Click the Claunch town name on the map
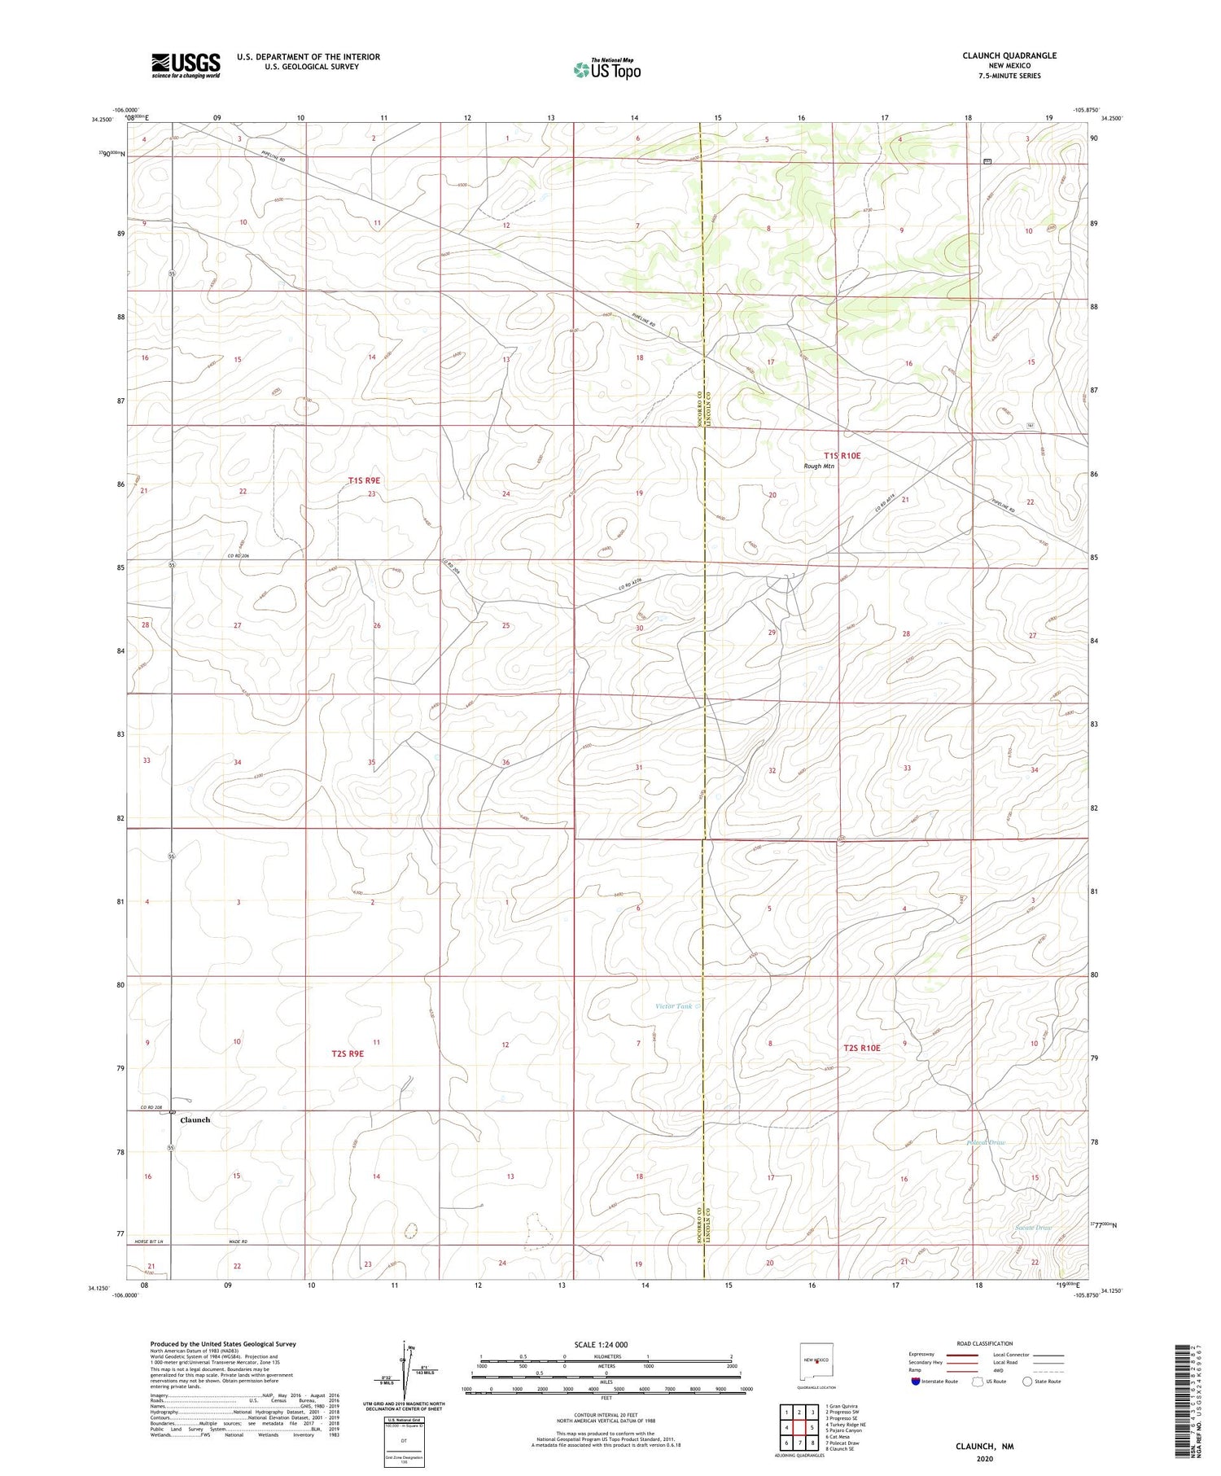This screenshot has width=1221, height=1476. [x=195, y=1120]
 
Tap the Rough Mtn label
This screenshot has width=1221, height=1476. [x=818, y=466]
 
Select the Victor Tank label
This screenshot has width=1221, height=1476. [x=674, y=1006]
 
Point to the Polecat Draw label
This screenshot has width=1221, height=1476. [x=986, y=1143]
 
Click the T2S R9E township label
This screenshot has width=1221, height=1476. [x=348, y=1053]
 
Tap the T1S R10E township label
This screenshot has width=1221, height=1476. [x=842, y=456]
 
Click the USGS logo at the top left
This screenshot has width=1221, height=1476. [x=186, y=65]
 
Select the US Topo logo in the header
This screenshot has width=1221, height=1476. [x=607, y=69]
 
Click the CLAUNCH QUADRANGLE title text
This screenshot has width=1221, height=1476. [x=1009, y=55]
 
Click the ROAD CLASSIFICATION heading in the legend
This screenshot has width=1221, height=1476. [x=985, y=1343]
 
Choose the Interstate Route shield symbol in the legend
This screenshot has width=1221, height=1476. [x=916, y=1381]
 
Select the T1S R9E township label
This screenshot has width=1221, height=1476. [x=364, y=480]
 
